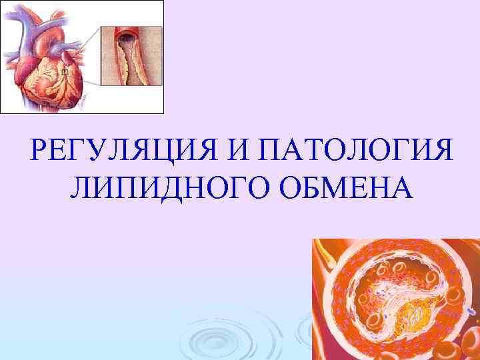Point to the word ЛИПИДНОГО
(170, 188)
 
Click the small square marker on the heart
(65, 71)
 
